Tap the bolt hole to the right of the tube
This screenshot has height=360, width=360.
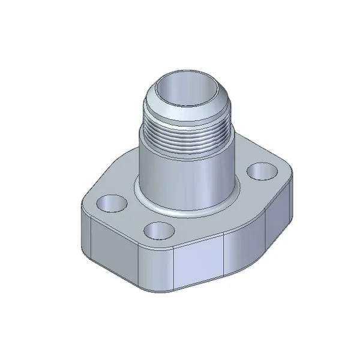pos(260,172)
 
